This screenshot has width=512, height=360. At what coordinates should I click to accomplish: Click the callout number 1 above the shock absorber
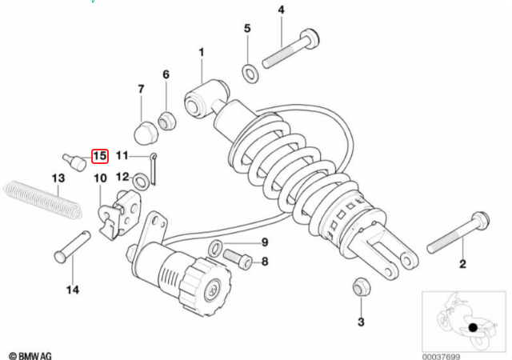pyautogui.click(x=202, y=53)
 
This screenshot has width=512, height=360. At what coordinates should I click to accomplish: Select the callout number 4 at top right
pyautogui.click(x=281, y=10)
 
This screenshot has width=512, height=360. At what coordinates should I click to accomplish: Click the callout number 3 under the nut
pyautogui.click(x=361, y=322)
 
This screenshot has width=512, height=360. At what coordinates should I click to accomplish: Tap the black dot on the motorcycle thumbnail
pyautogui.click(x=474, y=327)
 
